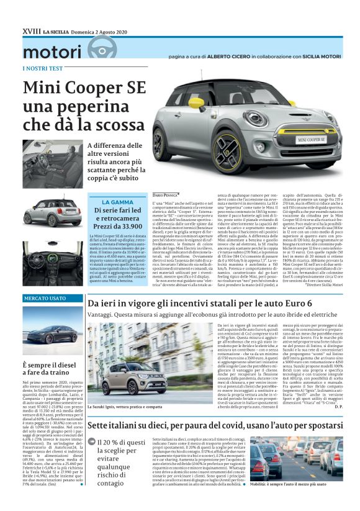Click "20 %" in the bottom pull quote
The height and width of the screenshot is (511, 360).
109,442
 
